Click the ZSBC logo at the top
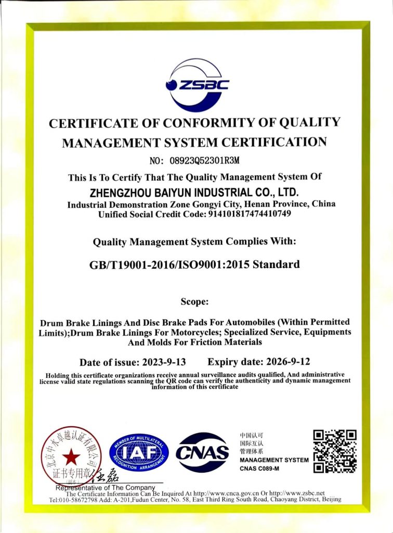pos(197,85)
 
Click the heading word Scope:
pos(195,302)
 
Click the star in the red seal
pos(72,458)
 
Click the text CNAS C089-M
pos(259,469)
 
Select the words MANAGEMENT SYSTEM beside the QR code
pos(274,460)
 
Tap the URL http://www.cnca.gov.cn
pos(226,493)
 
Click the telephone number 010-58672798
pos(83,500)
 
